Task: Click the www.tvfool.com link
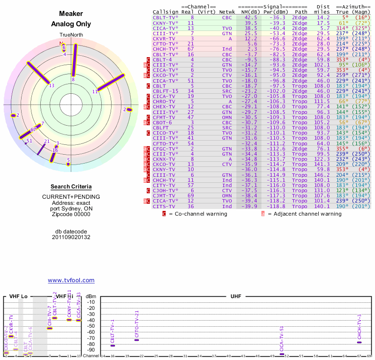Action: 71,280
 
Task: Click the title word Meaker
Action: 71,14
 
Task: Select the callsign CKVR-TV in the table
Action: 163,38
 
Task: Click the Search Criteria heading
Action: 71,187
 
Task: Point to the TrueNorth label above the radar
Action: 71,35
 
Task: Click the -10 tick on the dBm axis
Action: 91,302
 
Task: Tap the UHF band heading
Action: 236,297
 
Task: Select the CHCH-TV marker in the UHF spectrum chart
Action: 359,342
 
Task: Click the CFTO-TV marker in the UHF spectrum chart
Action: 136,339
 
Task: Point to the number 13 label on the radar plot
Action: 52,85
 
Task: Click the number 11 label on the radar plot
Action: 95,91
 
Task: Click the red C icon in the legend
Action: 164,214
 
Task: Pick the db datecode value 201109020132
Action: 71,237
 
